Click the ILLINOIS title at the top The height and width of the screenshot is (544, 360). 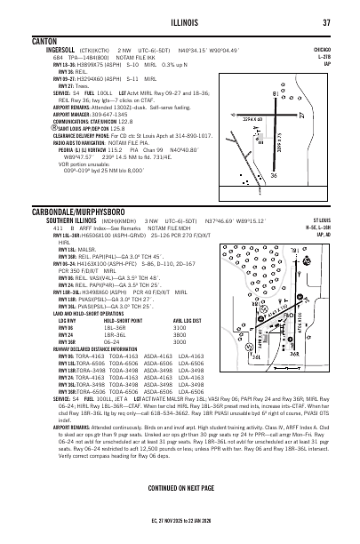coord(180,23)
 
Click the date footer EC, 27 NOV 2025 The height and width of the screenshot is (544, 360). coord(180,531)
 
